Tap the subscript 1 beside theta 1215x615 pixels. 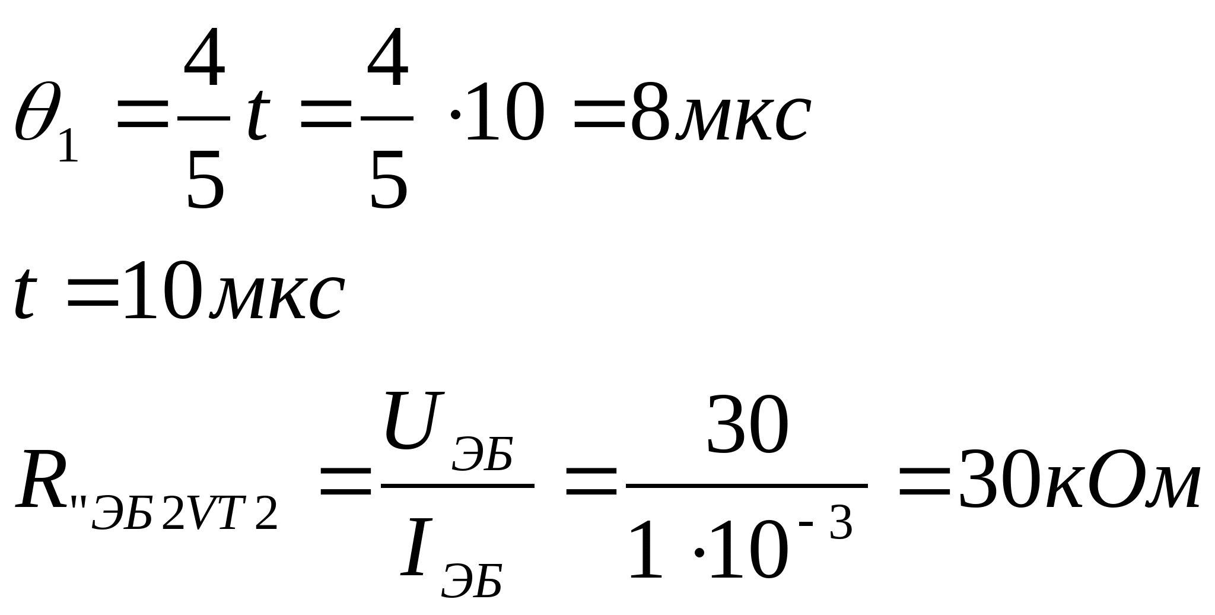click(x=68, y=146)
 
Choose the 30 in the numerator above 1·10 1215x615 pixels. click(x=748, y=424)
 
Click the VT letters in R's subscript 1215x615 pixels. click(x=217, y=514)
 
